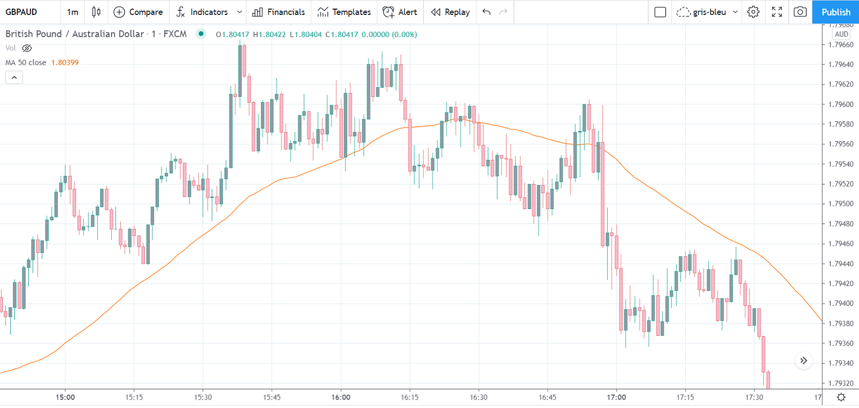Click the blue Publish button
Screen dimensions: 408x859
pos(835,12)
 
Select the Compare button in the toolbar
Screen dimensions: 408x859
pos(138,12)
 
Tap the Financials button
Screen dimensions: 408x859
pos(278,12)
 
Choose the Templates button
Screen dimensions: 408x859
pos(344,12)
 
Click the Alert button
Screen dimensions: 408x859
pos(400,12)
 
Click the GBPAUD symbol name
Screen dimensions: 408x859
pos(21,12)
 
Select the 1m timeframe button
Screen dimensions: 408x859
pos(73,12)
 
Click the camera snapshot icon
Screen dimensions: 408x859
pos(800,12)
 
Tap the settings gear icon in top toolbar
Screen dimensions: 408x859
pos(753,12)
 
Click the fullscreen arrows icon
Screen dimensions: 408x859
pos(777,12)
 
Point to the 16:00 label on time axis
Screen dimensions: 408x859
pos(340,397)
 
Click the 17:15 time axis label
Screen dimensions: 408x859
pos(685,397)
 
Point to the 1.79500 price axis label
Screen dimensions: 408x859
pos(841,204)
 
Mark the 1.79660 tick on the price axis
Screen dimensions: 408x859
pos(841,45)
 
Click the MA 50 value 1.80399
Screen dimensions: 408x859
pos(65,63)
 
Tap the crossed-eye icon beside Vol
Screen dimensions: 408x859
pos(27,48)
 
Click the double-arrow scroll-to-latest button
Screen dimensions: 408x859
pos(803,361)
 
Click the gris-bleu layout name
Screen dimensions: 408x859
pos(709,12)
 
